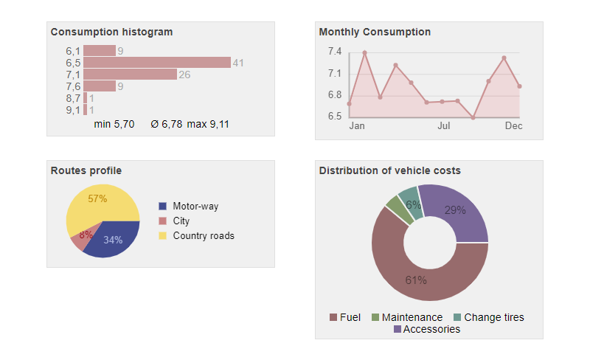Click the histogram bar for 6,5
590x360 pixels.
click(x=156, y=63)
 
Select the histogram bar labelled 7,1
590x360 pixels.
click(x=130, y=75)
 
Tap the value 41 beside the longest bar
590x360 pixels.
click(x=238, y=63)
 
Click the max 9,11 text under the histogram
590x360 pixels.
click(x=207, y=124)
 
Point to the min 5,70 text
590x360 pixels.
click(x=114, y=124)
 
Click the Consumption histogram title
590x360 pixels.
click(x=111, y=32)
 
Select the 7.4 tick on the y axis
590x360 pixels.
click(x=335, y=52)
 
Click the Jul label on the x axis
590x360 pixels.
click(x=443, y=126)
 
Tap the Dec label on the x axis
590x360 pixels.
click(x=513, y=126)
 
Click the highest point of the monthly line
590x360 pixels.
click(x=364, y=52)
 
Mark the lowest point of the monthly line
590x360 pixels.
click(x=473, y=117)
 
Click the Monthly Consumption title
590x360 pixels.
click(x=375, y=32)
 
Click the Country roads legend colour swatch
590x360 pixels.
click(x=164, y=236)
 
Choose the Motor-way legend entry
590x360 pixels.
click(x=195, y=207)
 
